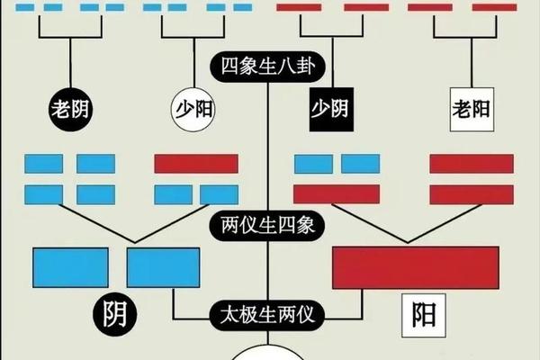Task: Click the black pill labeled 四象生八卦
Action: point(267,67)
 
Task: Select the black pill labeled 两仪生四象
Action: point(267,226)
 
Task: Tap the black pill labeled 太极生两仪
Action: point(267,315)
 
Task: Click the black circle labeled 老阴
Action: point(70,110)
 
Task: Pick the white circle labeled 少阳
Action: point(193,110)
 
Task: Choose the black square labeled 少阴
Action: point(331,110)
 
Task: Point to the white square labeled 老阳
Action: point(472,110)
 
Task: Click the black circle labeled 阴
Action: point(115,315)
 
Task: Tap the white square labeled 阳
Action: point(424,315)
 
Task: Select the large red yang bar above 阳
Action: point(416,267)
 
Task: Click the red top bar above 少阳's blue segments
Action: point(196,164)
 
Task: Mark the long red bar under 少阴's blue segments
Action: point(337,194)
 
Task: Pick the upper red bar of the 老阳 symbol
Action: point(472,164)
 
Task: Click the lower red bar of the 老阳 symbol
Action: point(472,194)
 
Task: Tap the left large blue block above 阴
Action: point(70,267)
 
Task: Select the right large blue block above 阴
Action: point(163,267)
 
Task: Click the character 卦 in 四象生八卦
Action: point(306,66)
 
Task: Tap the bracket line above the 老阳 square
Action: point(465,37)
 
